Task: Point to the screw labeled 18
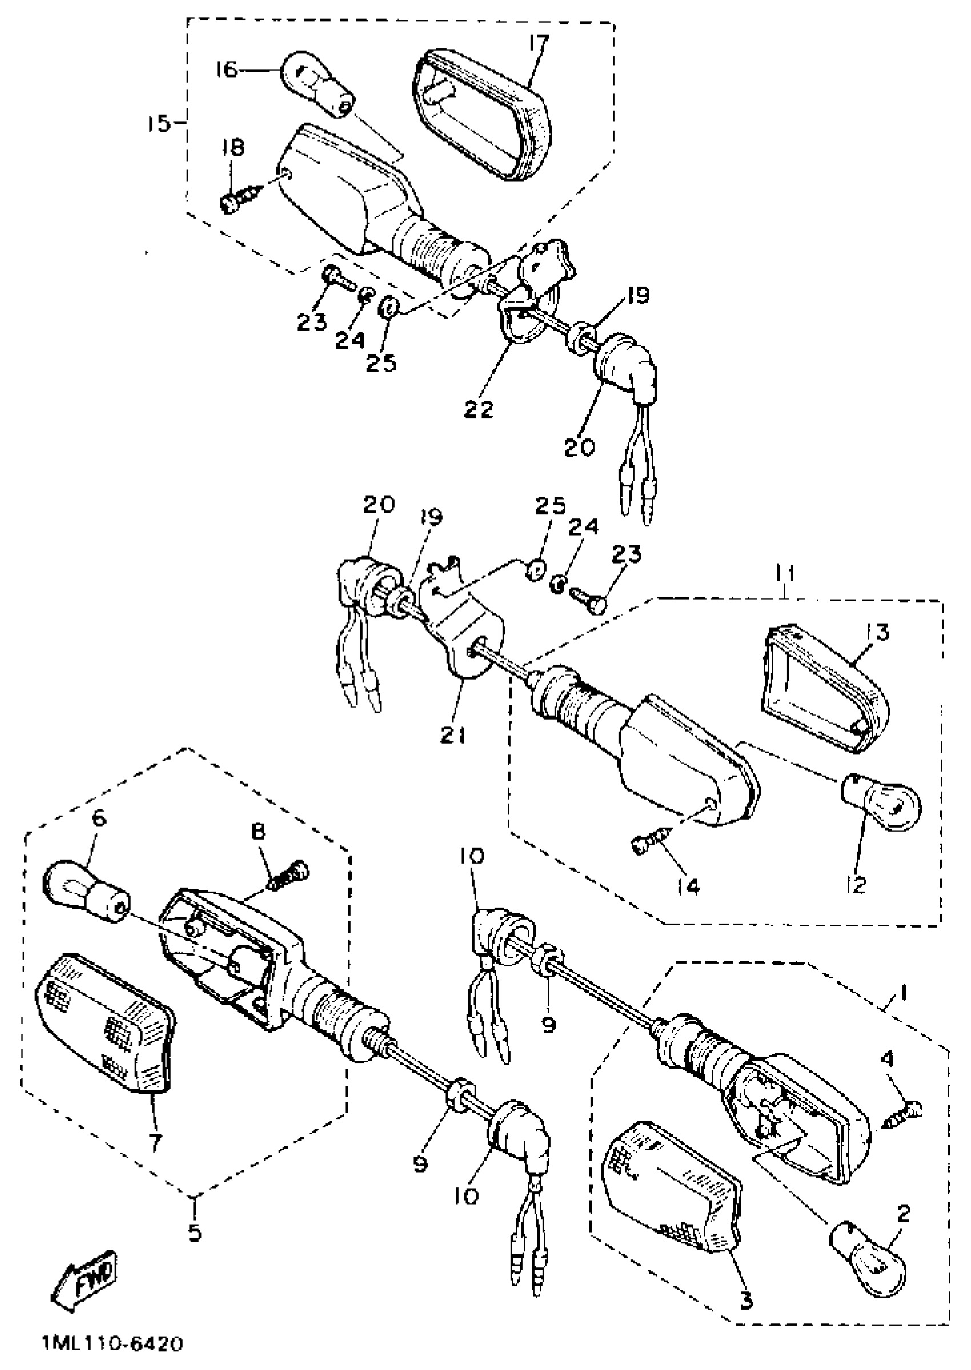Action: (240, 197)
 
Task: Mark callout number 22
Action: (478, 410)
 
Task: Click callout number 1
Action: (904, 993)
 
